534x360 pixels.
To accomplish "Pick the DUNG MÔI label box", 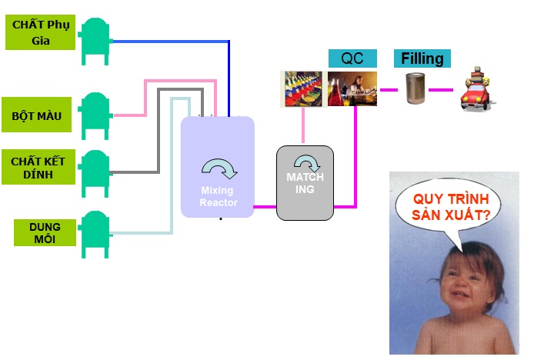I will [x=45, y=232].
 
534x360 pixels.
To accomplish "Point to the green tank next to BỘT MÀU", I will [x=95, y=114].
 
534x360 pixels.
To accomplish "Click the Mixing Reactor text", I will [x=219, y=197].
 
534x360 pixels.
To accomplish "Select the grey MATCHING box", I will [x=305, y=182].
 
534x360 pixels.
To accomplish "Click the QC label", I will [x=352, y=59].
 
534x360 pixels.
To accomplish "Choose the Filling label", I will [x=422, y=58].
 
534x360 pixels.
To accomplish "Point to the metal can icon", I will [x=415, y=90].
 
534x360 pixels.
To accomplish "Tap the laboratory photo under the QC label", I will [x=352, y=88].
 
